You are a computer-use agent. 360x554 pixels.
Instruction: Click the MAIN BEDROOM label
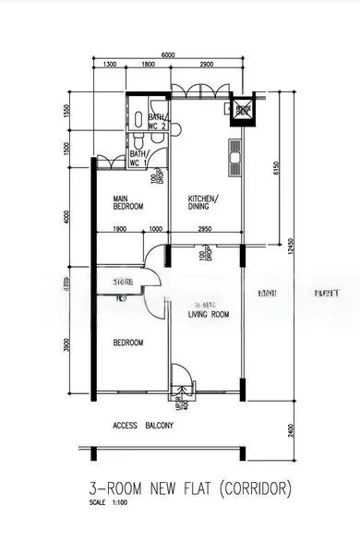click(x=127, y=202)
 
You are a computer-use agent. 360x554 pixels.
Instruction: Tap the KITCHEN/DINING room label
click(x=203, y=202)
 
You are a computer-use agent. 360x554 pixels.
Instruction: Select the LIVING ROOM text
click(x=209, y=315)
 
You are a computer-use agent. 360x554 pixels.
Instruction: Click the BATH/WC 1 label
click(x=138, y=159)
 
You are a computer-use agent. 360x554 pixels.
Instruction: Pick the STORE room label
click(x=124, y=281)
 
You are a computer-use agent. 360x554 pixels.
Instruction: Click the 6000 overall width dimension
click(x=168, y=55)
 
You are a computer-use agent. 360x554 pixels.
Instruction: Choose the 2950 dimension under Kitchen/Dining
click(x=205, y=229)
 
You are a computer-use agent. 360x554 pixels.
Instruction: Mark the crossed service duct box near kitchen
click(x=243, y=111)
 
